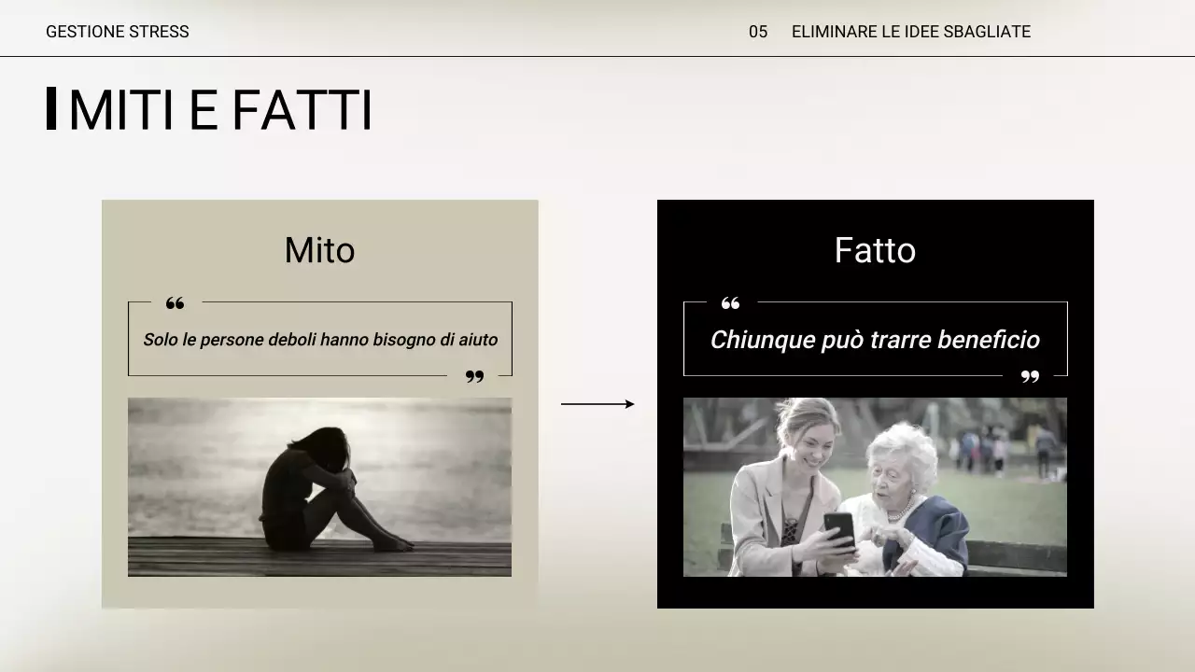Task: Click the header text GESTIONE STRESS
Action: pos(117,32)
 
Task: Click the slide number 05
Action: pos(757,32)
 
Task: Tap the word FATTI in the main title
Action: pos(301,110)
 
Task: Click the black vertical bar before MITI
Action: pos(51,108)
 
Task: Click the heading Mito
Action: pos(319,250)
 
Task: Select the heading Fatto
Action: pos(875,250)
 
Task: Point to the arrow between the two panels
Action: pos(597,404)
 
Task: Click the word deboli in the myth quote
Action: pos(292,340)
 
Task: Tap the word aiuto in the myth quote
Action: pos(477,340)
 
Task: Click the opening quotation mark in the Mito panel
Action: pos(175,303)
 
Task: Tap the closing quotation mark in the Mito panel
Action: pos(474,376)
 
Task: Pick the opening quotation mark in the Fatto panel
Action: pos(730,303)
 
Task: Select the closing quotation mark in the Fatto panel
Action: pos(1030,376)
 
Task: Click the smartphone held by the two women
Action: pos(839,529)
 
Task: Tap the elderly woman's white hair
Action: pos(901,448)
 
